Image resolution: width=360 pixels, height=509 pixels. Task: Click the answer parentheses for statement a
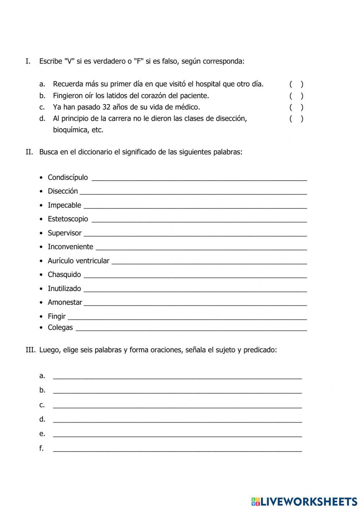[296, 84]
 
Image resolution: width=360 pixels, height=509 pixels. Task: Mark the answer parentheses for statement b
[296, 96]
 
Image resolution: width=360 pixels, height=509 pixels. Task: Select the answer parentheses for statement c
[296, 107]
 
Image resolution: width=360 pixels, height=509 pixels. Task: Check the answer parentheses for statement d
[296, 119]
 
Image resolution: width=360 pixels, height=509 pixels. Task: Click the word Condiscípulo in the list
[68, 177]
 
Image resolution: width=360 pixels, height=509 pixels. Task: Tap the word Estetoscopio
[68, 219]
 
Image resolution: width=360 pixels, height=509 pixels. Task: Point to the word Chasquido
[64, 274]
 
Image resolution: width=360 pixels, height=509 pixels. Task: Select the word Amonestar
[65, 302]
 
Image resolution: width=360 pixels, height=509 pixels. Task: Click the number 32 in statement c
[107, 107]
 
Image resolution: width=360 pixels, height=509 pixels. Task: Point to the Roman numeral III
[30, 350]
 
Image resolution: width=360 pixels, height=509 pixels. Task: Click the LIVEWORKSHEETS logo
[304, 501]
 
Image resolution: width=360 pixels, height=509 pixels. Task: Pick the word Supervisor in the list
[65, 233]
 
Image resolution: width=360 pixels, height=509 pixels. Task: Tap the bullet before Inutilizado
[41, 289]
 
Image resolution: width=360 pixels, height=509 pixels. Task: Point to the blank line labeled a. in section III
[177, 377]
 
